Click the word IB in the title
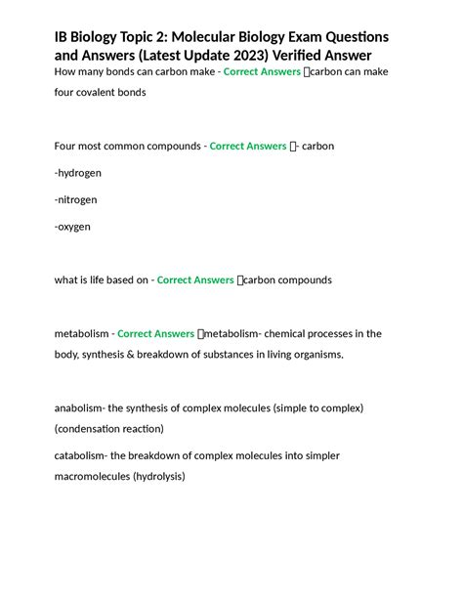[x=63, y=36]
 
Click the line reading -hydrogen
[x=78, y=173]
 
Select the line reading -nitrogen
[x=75, y=199]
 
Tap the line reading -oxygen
[x=73, y=227]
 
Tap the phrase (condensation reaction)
[x=109, y=429]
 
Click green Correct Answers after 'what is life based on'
[x=195, y=279]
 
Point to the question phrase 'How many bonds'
[x=96, y=72]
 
